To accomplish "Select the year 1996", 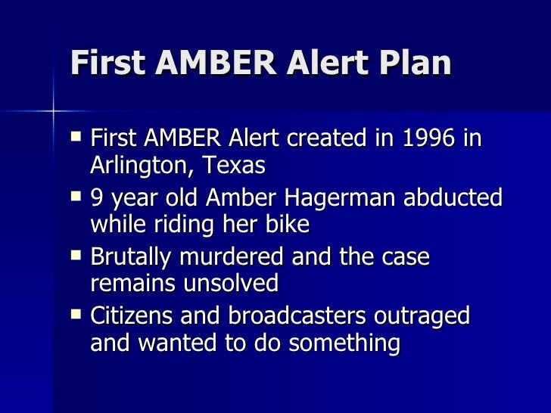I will pos(425,139).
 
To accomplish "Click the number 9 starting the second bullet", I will pos(97,198).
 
